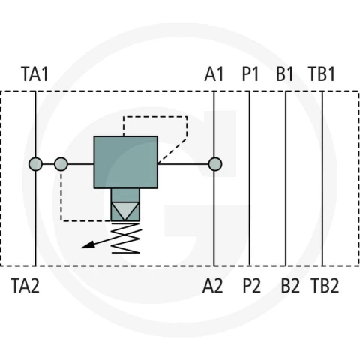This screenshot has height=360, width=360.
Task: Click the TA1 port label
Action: [x=34, y=74]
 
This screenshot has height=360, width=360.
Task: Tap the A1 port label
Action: [x=214, y=74]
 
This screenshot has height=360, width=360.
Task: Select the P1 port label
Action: [x=250, y=74]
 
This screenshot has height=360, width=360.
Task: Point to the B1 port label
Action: [x=285, y=74]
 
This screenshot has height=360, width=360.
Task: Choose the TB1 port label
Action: [x=322, y=74]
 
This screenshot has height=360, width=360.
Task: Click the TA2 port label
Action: [x=25, y=286]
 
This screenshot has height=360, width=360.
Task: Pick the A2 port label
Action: [x=212, y=286]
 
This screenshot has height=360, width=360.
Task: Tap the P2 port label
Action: [x=252, y=286]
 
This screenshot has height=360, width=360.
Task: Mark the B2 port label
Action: [x=290, y=286]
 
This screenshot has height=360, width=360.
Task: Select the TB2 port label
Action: [x=325, y=286]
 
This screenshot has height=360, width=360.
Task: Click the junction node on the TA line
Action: [x=35, y=164]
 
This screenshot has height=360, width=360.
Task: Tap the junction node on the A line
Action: [x=215, y=164]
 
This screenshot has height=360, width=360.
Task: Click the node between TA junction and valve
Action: [x=61, y=164]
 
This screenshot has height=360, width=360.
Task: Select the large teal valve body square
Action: [x=126, y=162]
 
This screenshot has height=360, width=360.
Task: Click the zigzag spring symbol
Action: [x=125, y=238]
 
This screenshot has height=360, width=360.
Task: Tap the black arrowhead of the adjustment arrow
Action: [x=88, y=244]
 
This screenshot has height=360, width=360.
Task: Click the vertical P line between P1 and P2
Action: [x=249, y=178]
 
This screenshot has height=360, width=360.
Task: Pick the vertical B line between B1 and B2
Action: [x=286, y=178]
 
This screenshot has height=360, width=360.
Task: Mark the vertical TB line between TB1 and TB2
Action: [x=322, y=178]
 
